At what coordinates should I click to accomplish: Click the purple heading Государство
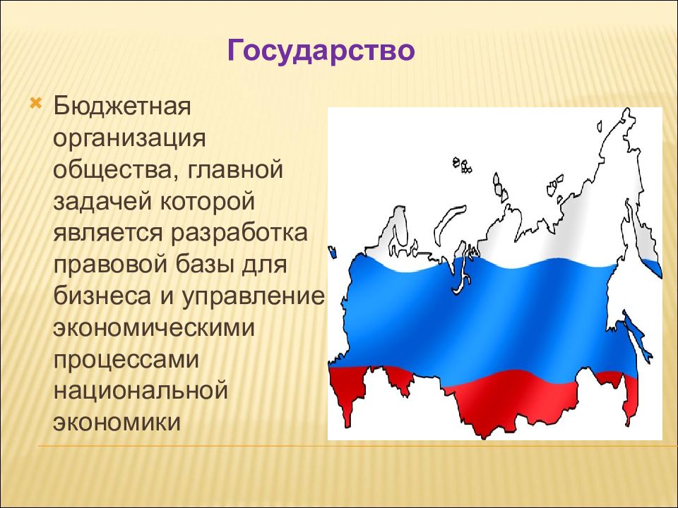click(x=321, y=52)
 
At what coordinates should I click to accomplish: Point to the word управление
click(x=253, y=296)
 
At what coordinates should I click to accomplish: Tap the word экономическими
click(x=151, y=327)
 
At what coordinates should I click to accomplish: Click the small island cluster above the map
click(x=461, y=166)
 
